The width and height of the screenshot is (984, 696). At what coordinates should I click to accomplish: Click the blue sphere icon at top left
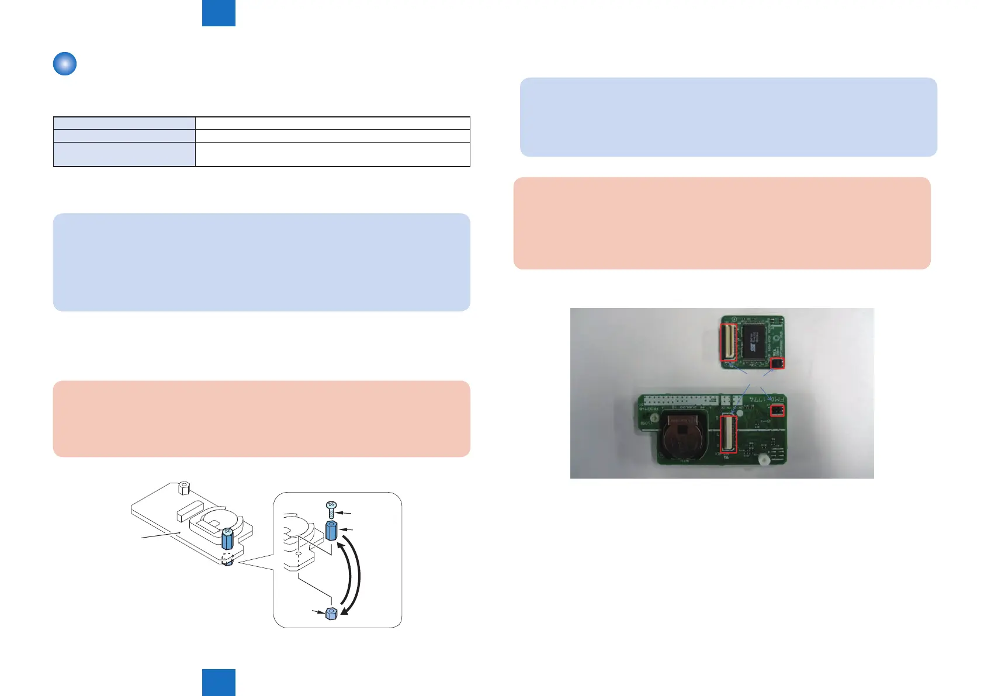65,64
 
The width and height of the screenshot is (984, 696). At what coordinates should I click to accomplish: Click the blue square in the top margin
219,13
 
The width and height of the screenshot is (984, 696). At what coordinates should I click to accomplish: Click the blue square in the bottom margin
219,683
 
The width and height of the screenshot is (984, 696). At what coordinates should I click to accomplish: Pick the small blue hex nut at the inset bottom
331,613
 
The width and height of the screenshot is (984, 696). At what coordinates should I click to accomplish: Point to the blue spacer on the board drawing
227,538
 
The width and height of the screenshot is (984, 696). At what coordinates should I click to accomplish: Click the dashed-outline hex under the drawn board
227,559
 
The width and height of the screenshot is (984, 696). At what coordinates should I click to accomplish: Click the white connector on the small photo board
729,342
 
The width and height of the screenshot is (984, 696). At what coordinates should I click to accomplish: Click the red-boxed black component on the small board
777,363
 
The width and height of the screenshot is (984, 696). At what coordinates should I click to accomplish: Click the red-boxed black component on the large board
777,411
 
